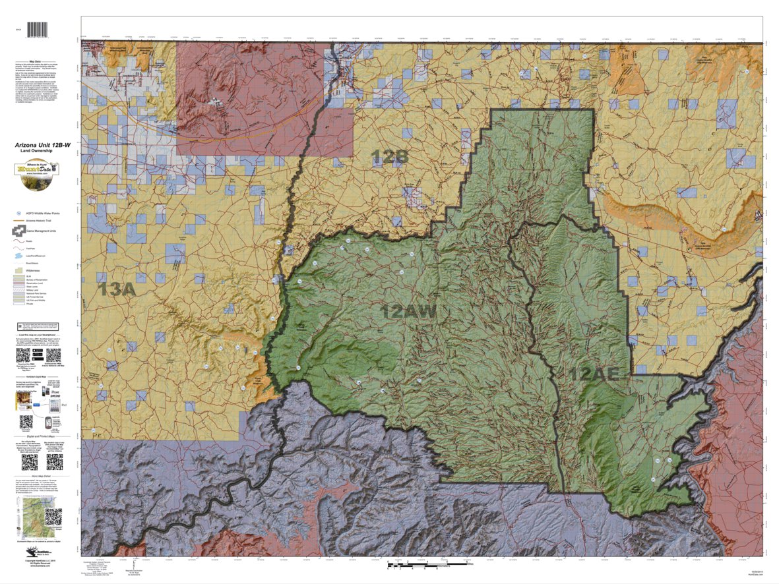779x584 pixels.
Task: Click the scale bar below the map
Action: [428, 565]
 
